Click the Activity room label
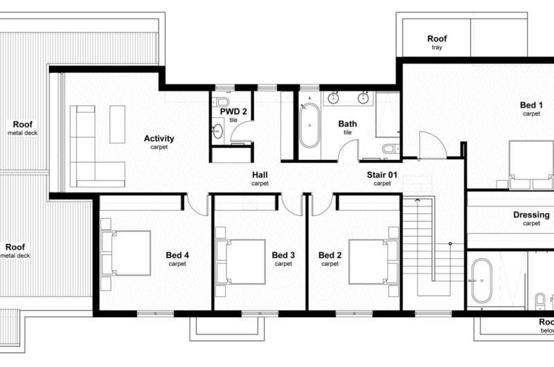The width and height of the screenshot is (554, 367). pyautogui.click(x=159, y=138)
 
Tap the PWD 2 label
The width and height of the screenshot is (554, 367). pyautogui.click(x=233, y=111)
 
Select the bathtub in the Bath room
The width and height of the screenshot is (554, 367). pyautogui.click(x=310, y=125)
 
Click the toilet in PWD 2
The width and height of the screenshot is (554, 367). pyautogui.click(x=222, y=101)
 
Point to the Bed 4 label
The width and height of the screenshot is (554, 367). pyautogui.click(x=177, y=255)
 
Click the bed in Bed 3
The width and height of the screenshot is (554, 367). pyautogui.click(x=240, y=262)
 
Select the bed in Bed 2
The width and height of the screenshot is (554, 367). pyautogui.click(x=373, y=262)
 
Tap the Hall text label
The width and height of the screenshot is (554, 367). pyautogui.click(x=260, y=175)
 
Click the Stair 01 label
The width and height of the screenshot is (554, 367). pyautogui.click(x=382, y=175)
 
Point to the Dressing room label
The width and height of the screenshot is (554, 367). pyautogui.click(x=531, y=215)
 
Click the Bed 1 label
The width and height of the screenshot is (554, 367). pyautogui.click(x=531, y=105)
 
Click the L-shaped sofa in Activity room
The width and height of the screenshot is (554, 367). pyautogui.click(x=97, y=146)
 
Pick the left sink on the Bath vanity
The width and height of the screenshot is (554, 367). pyautogui.click(x=333, y=98)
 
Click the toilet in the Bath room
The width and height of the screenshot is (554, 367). pyautogui.click(x=391, y=148)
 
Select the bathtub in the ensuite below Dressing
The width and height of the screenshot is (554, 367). pyautogui.click(x=481, y=281)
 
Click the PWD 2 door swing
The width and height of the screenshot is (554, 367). pyautogui.click(x=242, y=132)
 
